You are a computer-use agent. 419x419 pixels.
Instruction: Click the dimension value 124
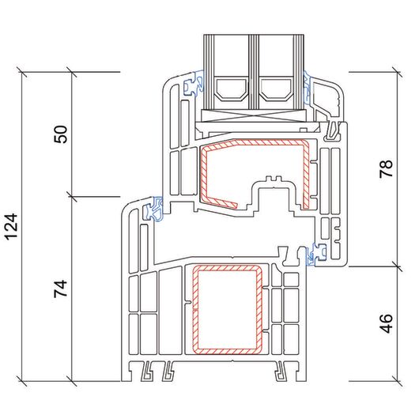click(x=12, y=226)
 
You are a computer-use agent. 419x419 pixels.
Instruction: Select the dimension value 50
click(x=61, y=134)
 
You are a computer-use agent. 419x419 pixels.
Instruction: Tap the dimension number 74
click(x=61, y=289)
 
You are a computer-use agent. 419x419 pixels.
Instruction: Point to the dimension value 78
click(x=387, y=168)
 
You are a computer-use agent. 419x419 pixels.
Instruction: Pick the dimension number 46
click(x=387, y=323)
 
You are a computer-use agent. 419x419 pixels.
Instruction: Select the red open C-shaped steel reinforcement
click(x=306, y=174)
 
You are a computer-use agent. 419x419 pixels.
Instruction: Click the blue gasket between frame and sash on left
click(x=153, y=209)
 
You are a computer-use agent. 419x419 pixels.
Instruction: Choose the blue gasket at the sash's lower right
click(x=316, y=254)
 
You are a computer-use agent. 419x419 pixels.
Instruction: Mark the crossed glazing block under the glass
click(x=253, y=115)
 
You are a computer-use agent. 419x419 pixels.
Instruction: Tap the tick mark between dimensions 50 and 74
click(x=72, y=197)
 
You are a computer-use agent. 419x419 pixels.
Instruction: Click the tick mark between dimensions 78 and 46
click(x=397, y=266)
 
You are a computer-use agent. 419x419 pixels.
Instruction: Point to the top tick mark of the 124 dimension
click(x=21, y=72)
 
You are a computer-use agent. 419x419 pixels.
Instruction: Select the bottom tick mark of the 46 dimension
click(x=397, y=381)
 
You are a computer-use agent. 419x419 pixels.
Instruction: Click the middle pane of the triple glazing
click(x=253, y=72)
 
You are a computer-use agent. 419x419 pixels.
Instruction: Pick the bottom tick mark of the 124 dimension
click(x=21, y=381)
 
